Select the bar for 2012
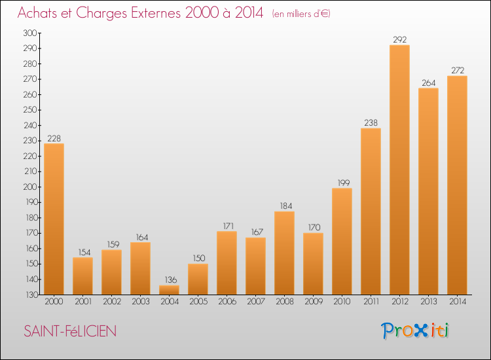pos(399,170)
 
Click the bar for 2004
pos(169,290)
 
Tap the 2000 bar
pos(54,219)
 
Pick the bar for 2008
pos(284,253)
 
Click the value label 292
pos(400,39)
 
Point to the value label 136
pos(171,279)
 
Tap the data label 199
pos(344,183)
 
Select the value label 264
pos(428,82)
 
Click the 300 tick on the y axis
pos(29,33)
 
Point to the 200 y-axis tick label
pos(29,187)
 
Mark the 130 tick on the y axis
pos(31,295)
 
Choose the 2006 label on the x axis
pos(227,302)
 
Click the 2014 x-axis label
pos(458,302)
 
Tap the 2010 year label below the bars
pos(342,302)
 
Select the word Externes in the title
pos(156,12)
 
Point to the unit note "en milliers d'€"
pos(301,14)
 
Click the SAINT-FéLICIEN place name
pos(70,331)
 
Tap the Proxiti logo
pos(415,331)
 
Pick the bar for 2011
pos(371,211)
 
